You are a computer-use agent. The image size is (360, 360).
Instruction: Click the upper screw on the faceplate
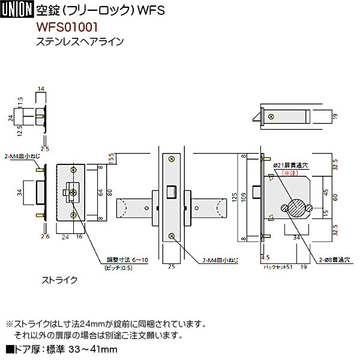tap(172, 159)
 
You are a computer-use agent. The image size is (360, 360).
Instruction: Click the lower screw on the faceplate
tap(172, 237)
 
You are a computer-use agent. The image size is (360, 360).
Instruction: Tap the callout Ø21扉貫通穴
tap(292, 165)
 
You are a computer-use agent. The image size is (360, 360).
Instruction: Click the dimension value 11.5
tap(20, 102)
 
